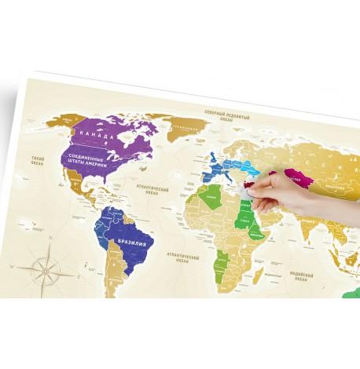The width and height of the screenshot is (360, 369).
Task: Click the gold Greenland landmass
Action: pos(182,126)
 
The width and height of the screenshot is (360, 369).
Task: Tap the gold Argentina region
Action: pos(116,279)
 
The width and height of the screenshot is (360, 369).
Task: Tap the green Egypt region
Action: pos(241,201)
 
